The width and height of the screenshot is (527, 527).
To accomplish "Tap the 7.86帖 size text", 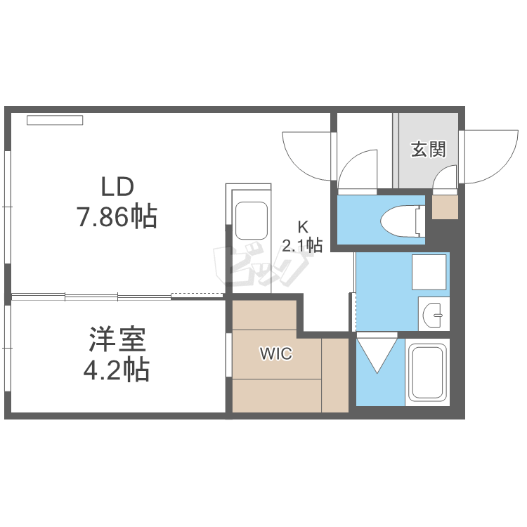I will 117,217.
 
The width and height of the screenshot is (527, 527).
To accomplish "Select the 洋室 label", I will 117,340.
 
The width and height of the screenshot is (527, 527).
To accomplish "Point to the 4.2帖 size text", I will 117,370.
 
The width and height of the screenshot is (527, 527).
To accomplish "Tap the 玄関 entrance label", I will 428,149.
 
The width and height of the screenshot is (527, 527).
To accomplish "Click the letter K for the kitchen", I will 303,227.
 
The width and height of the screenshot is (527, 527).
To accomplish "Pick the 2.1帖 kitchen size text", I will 302,245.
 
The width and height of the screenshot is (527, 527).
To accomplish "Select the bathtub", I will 428,373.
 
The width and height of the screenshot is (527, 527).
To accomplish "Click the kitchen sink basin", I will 250,221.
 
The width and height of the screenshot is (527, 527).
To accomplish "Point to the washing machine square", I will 428,271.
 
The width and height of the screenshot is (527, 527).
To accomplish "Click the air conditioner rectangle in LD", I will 55,120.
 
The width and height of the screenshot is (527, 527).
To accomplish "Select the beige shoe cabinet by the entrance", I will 444,207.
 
